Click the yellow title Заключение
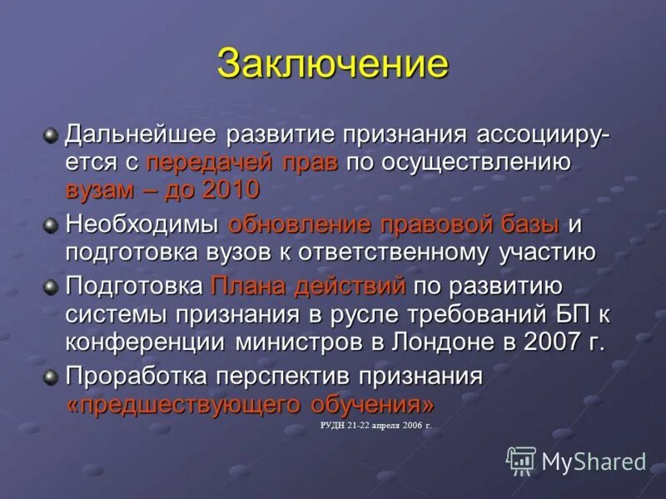click(x=332, y=65)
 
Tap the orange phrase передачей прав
click(x=242, y=162)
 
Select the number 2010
click(x=231, y=190)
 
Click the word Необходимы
click(x=142, y=225)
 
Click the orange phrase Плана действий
click(x=308, y=287)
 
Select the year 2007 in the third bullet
click(x=550, y=342)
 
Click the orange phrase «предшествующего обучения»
click(x=250, y=405)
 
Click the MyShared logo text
click(x=594, y=462)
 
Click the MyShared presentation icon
click(x=521, y=461)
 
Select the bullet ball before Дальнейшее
click(x=52, y=134)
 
